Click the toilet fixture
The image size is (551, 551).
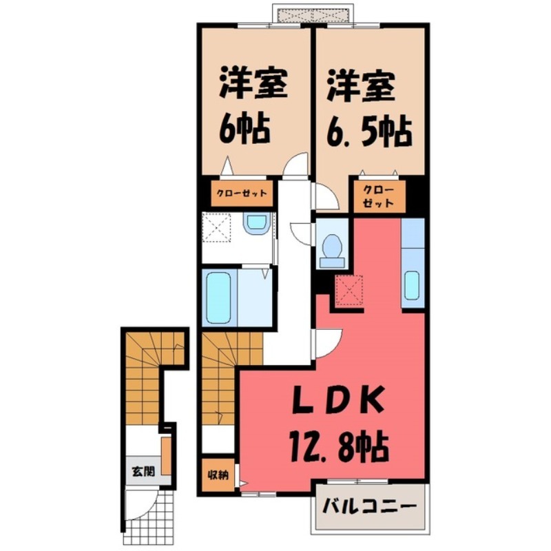(333, 248)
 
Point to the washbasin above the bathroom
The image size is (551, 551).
(256, 223)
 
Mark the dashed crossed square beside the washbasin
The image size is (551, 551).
(218, 226)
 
